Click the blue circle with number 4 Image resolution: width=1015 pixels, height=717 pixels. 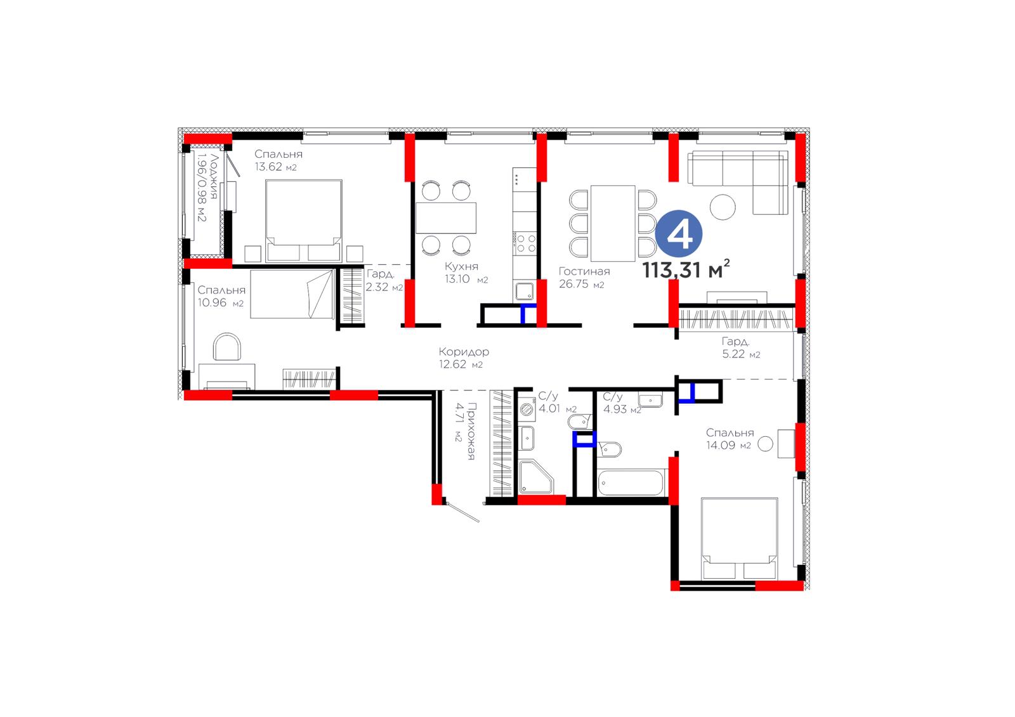click(x=679, y=234)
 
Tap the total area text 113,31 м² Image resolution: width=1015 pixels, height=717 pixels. click(x=686, y=269)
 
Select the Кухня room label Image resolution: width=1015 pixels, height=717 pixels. click(x=461, y=266)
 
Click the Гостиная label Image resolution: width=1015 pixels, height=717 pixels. click(x=584, y=271)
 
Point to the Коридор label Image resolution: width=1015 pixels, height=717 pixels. click(x=464, y=351)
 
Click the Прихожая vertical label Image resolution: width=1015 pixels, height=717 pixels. click(x=471, y=431)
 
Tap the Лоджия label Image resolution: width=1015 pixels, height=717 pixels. click(x=214, y=177)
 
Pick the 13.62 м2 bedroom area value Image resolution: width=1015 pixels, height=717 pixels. click(x=275, y=167)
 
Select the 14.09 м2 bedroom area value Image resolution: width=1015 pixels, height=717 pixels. click(x=728, y=445)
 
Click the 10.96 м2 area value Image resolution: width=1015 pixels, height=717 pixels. click(x=220, y=302)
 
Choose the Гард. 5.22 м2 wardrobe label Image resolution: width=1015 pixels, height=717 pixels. click(x=741, y=347)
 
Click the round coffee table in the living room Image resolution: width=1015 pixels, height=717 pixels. click(x=723, y=207)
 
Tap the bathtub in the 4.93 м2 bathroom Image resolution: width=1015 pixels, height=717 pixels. click(x=631, y=482)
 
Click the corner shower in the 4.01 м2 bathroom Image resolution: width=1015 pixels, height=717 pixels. click(x=536, y=477)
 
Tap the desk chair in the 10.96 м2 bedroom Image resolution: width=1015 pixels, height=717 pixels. click(x=227, y=347)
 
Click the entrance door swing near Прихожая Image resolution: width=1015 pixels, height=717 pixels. click(x=462, y=512)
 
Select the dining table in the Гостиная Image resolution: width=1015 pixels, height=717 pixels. click(x=613, y=223)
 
